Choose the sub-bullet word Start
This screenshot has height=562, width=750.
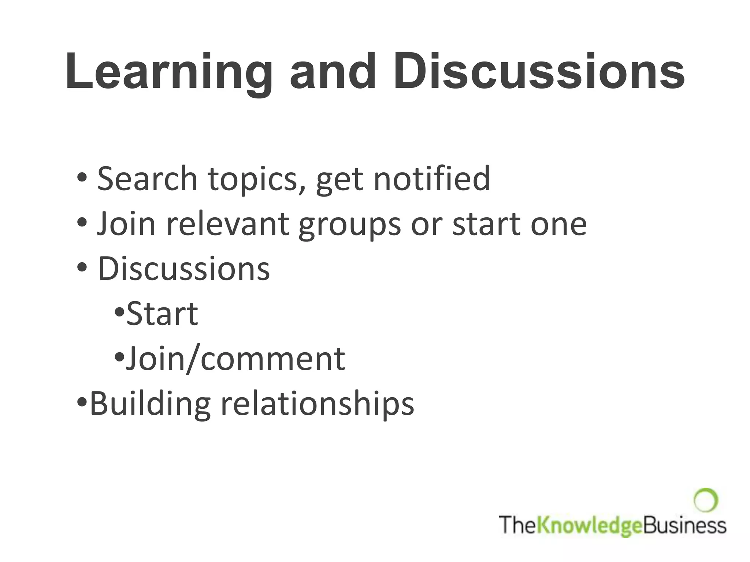point(162,314)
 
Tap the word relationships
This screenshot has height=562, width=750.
point(317,404)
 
